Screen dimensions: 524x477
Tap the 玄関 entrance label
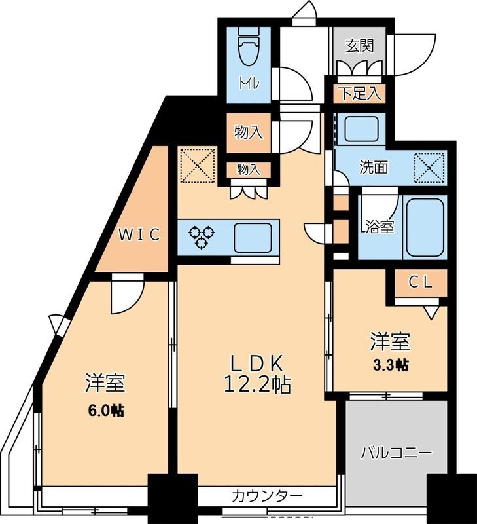click(x=359, y=46)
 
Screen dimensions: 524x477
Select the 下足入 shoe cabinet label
click(x=359, y=93)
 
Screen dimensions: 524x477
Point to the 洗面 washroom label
click(x=374, y=167)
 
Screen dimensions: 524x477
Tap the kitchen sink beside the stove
click(x=252, y=236)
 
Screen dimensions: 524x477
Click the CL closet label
click(x=421, y=282)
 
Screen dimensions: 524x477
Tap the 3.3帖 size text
click(x=391, y=365)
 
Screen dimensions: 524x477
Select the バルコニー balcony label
click(x=396, y=453)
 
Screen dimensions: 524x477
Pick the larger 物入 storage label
click(x=249, y=132)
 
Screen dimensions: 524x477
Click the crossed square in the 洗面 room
click(x=431, y=166)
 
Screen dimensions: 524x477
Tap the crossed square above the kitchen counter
click(x=197, y=165)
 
